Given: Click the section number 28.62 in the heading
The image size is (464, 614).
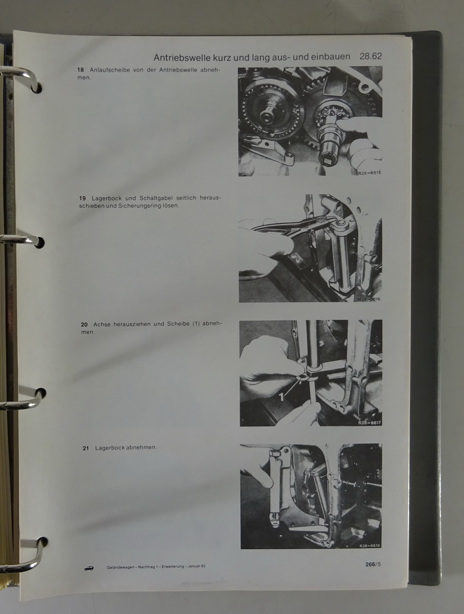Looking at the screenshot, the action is (x=371, y=56).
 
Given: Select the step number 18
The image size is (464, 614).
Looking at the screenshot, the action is (x=80, y=70).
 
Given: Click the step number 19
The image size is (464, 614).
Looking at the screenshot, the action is (x=82, y=198).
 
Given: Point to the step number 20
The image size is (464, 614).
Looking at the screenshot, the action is (x=84, y=325).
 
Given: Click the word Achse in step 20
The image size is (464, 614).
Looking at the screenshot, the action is (x=102, y=325).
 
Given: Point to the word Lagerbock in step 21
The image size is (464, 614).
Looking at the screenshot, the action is (x=107, y=448).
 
